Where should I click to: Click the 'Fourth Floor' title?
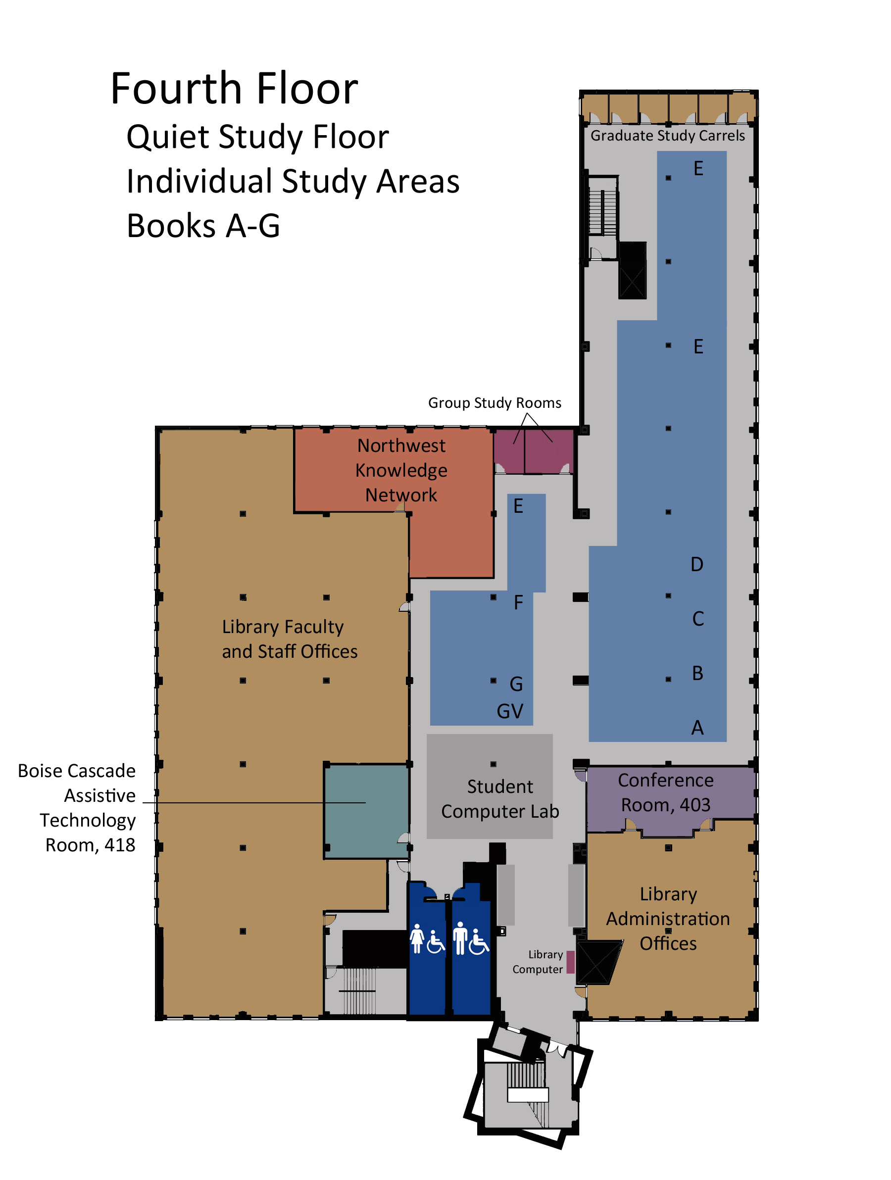click(234, 89)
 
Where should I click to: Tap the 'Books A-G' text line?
click(203, 226)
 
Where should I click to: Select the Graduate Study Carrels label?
click(667, 136)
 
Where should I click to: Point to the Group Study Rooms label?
click(494, 403)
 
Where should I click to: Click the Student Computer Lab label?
click(499, 798)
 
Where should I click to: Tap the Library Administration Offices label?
click(667, 918)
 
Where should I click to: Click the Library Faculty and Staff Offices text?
click(289, 639)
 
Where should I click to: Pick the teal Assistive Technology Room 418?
click(366, 810)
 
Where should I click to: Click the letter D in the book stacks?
click(696, 564)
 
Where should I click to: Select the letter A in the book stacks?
click(697, 728)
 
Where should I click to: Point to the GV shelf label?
click(509, 711)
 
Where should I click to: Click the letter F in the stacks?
click(518, 603)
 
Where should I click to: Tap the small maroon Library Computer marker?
click(570, 962)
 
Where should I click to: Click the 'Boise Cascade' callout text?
click(76, 771)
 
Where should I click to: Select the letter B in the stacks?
click(697, 673)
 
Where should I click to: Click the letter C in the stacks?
click(697, 619)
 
